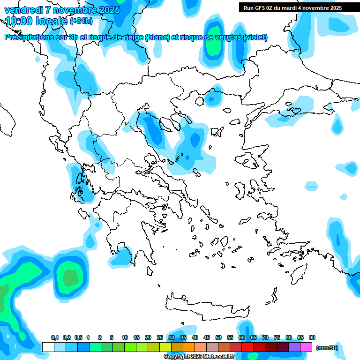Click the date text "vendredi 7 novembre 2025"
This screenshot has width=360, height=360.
tap(62, 10)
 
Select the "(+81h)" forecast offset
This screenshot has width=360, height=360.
tap(81, 21)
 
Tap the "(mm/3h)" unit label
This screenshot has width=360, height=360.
tap(327, 348)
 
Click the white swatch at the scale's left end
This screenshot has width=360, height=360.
tap(48, 347)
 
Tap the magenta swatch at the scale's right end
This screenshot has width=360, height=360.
tap(306, 347)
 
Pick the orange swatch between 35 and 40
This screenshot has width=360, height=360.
tap(189, 347)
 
